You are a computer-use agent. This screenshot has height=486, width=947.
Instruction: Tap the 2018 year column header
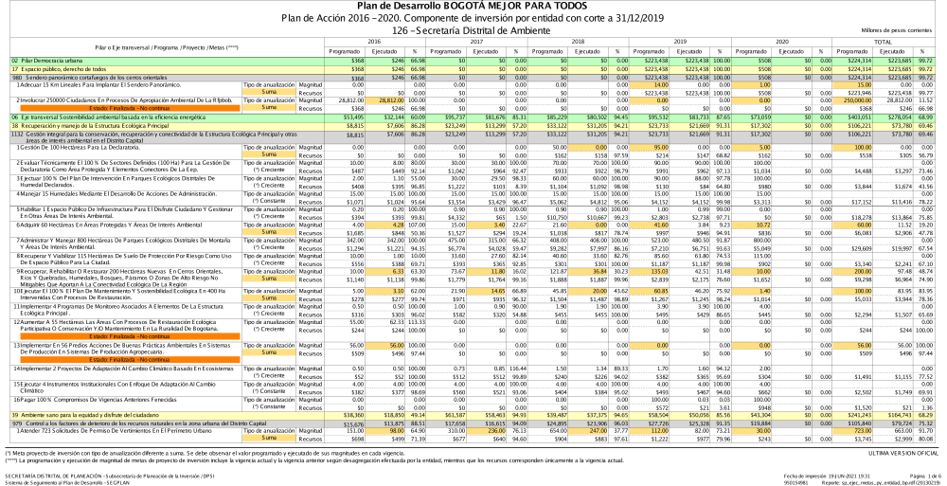[x=577, y=42]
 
